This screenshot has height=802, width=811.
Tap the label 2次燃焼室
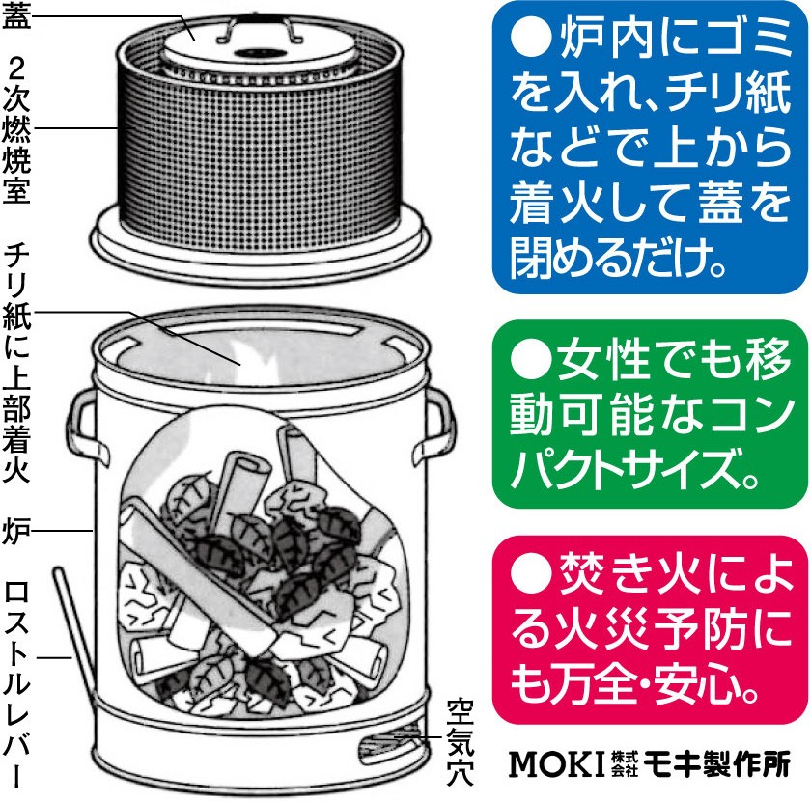click(19, 126)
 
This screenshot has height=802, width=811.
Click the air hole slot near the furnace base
click(386, 744)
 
